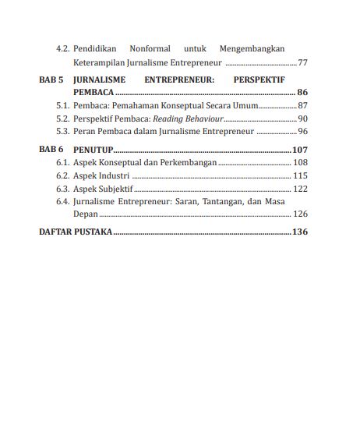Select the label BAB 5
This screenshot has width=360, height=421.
[x=51, y=80]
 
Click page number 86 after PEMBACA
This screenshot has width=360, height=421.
[x=302, y=92]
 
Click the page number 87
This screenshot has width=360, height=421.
[x=302, y=105]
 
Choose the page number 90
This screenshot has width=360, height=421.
[x=302, y=119]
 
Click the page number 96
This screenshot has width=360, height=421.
[x=302, y=131]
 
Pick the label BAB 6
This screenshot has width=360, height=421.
[x=51, y=149]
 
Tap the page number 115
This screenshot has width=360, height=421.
[x=300, y=175]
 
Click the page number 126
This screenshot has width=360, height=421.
[x=300, y=214]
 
